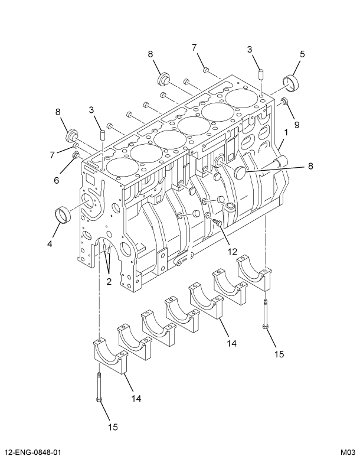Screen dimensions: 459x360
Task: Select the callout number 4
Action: tap(50, 243)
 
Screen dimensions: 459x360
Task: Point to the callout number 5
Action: tap(302, 54)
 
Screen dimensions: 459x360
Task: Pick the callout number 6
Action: tap(57, 180)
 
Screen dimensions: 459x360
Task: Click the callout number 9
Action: tap(296, 125)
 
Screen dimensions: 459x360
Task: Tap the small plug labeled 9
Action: tap(284, 102)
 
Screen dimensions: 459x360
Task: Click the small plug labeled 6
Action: tap(76, 155)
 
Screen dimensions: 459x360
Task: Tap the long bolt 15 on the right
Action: tap(266, 314)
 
